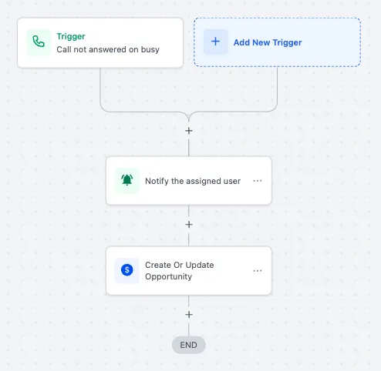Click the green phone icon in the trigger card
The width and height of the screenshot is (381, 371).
(39, 42)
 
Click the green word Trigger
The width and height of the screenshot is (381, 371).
(71, 37)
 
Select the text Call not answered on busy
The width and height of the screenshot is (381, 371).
(108, 49)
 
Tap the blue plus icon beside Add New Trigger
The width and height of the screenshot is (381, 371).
(215, 42)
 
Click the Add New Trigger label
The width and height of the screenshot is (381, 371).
(268, 42)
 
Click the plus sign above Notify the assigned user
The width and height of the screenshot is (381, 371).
(189, 131)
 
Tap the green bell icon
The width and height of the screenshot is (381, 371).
(127, 180)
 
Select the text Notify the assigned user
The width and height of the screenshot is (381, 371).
(193, 181)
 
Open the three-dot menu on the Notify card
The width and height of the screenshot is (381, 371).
(258, 181)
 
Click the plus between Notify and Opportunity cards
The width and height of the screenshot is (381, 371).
(189, 225)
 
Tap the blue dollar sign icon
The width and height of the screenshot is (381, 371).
(127, 270)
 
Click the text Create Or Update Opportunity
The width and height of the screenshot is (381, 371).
(180, 271)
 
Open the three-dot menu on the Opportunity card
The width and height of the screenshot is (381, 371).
(258, 271)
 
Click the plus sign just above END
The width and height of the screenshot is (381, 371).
(189, 315)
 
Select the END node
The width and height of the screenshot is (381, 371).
(189, 345)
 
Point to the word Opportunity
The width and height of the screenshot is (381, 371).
(168, 276)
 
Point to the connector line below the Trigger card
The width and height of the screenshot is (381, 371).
(100, 87)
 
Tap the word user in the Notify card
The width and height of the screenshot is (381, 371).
(232, 181)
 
